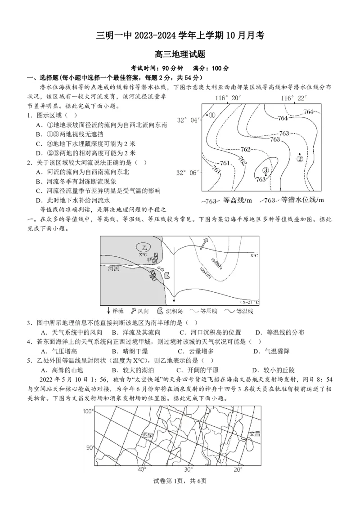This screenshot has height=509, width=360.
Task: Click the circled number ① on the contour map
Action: (212, 115)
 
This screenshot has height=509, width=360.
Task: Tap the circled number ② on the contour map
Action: (300, 158)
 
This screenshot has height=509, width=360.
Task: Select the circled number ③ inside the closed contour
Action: (265, 170)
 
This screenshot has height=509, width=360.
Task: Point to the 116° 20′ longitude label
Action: (228, 98)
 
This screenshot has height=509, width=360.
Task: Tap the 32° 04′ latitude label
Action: (187, 120)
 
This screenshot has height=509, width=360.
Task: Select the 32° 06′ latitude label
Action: (187, 172)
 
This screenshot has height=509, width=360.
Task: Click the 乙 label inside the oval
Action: (144, 248)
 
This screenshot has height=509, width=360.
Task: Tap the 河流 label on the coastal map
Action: (114, 268)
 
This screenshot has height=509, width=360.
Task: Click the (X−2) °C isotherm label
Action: (250, 302)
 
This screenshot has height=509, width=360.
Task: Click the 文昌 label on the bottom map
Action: (255, 434)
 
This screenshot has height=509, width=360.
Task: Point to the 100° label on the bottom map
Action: (88, 411)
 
